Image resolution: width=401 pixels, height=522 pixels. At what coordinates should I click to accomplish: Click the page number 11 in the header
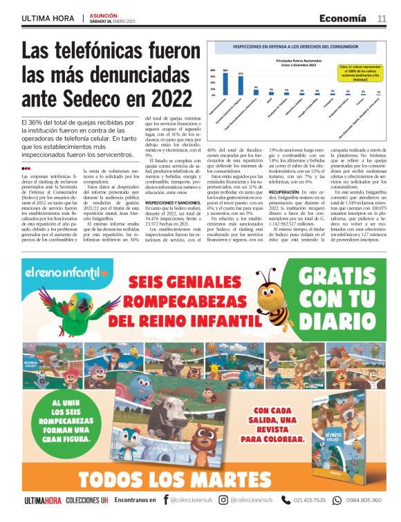(382, 18)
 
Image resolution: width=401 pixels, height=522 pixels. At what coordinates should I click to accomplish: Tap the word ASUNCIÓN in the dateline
(104, 14)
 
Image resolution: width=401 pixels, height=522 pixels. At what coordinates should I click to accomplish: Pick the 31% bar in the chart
(241, 84)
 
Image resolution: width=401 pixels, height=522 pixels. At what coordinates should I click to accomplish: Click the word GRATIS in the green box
(344, 280)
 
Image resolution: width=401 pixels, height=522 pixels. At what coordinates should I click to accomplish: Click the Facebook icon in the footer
(165, 500)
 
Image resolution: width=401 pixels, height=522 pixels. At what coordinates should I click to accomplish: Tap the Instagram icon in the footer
(223, 500)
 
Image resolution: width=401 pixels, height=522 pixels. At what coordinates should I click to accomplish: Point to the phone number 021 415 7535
(310, 500)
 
